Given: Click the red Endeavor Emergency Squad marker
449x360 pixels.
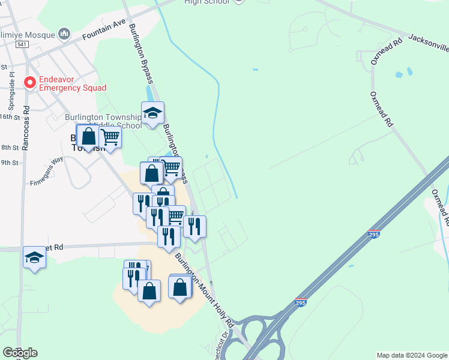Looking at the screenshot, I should (28, 82).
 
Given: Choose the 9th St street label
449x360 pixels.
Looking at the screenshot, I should (9, 162).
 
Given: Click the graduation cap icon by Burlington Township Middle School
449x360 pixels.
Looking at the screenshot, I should (153, 112).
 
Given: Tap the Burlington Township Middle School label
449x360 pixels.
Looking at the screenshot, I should (103, 121).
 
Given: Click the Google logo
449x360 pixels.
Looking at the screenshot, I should (20, 353).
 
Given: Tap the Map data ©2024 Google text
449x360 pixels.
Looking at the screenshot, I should (412, 355).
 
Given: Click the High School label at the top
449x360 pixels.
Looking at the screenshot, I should (207, 2).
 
